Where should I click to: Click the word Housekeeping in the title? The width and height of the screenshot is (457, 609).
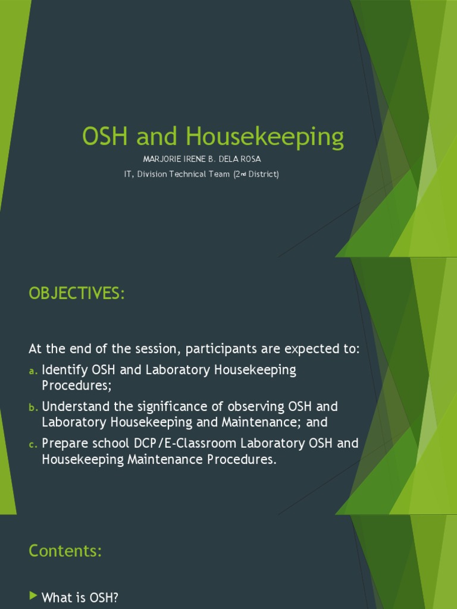click(x=265, y=137)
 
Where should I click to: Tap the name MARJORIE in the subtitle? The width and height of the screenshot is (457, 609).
click(x=163, y=159)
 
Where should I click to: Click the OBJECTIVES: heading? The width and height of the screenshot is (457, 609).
click(x=77, y=294)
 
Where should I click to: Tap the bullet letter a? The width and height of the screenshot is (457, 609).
click(x=33, y=371)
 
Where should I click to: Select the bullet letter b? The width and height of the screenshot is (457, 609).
click(x=33, y=407)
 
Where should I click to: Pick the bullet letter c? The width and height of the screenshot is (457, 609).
click(x=33, y=444)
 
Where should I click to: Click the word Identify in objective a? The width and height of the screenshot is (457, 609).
click(x=65, y=370)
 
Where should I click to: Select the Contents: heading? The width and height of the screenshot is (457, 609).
click(x=65, y=551)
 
